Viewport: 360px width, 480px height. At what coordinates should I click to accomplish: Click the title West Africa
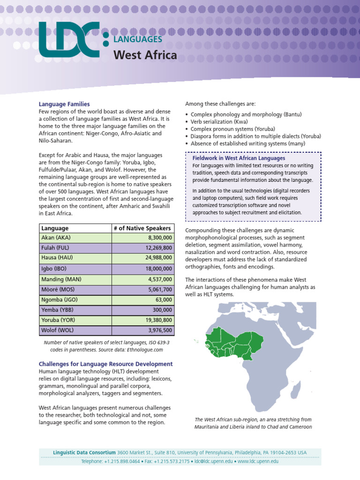coord(145,55)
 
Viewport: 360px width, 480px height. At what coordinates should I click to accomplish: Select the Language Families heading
coord(64,104)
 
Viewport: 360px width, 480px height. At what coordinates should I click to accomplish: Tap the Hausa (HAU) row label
coord(57,258)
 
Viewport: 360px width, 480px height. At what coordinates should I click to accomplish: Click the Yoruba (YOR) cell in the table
coord(58,320)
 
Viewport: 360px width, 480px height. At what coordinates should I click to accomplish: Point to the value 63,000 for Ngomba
coord(164,300)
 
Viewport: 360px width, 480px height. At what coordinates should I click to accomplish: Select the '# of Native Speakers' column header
coord(142,228)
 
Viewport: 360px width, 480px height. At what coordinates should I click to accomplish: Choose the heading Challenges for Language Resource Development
coord(105,364)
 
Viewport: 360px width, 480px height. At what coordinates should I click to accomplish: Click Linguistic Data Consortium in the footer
coord(84,452)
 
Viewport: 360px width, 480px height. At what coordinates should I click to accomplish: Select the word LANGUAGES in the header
coord(138,40)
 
